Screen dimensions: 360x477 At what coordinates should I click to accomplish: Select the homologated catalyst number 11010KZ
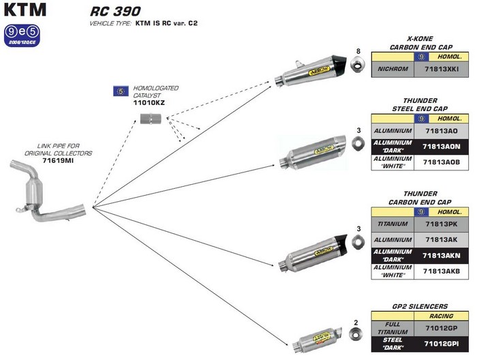(149, 102)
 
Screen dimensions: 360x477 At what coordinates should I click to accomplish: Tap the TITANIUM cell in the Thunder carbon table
(395, 224)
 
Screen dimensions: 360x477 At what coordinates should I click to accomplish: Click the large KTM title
(22, 10)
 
